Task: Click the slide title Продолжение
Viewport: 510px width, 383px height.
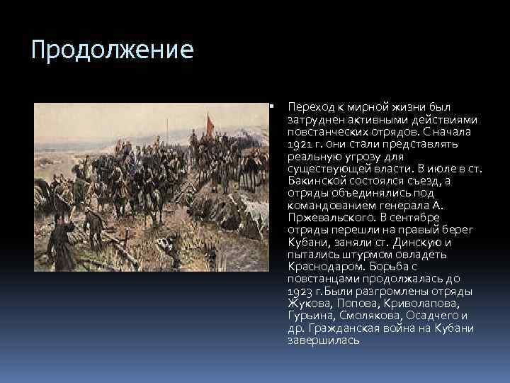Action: coord(113,51)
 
